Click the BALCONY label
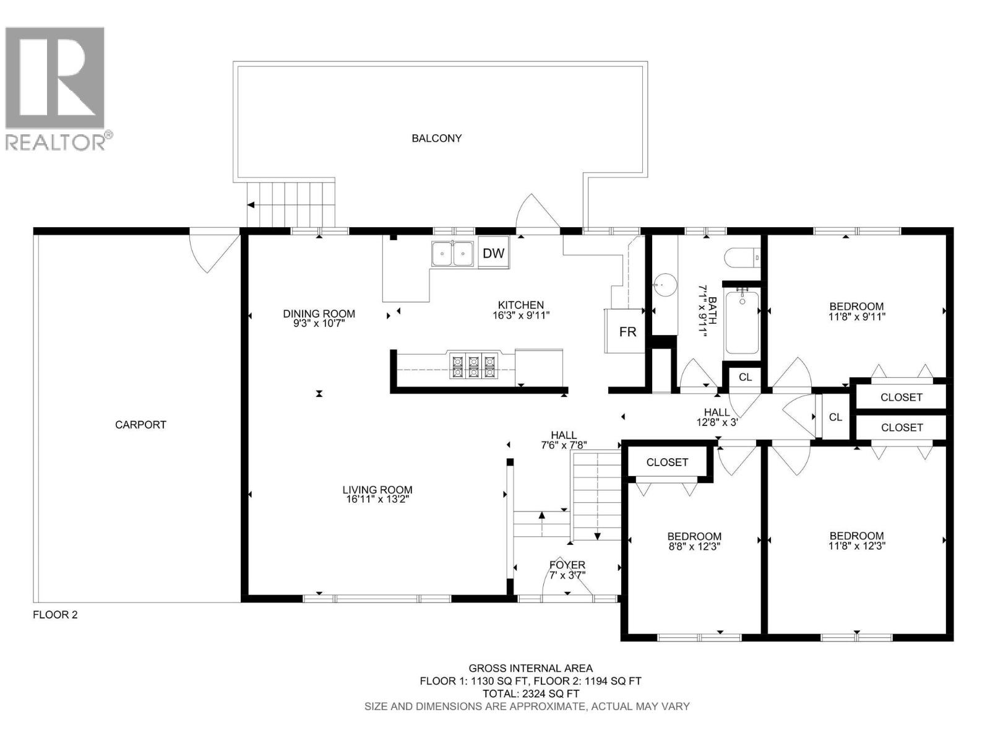click(x=437, y=138)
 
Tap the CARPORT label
click(x=140, y=425)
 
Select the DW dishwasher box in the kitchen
click(x=493, y=253)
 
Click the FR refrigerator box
click(x=627, y=332)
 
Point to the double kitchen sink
click(x=453, y=254)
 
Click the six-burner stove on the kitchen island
click(x=473, y=365)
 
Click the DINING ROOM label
click(x=319, y=313)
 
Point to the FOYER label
click(x=567, y=565)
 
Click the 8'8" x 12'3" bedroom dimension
click(x=694, y=546)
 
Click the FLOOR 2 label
click(x=55, y=615)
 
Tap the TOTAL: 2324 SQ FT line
click(x=530, y=693)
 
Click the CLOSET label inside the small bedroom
click(x=667, y=462)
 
